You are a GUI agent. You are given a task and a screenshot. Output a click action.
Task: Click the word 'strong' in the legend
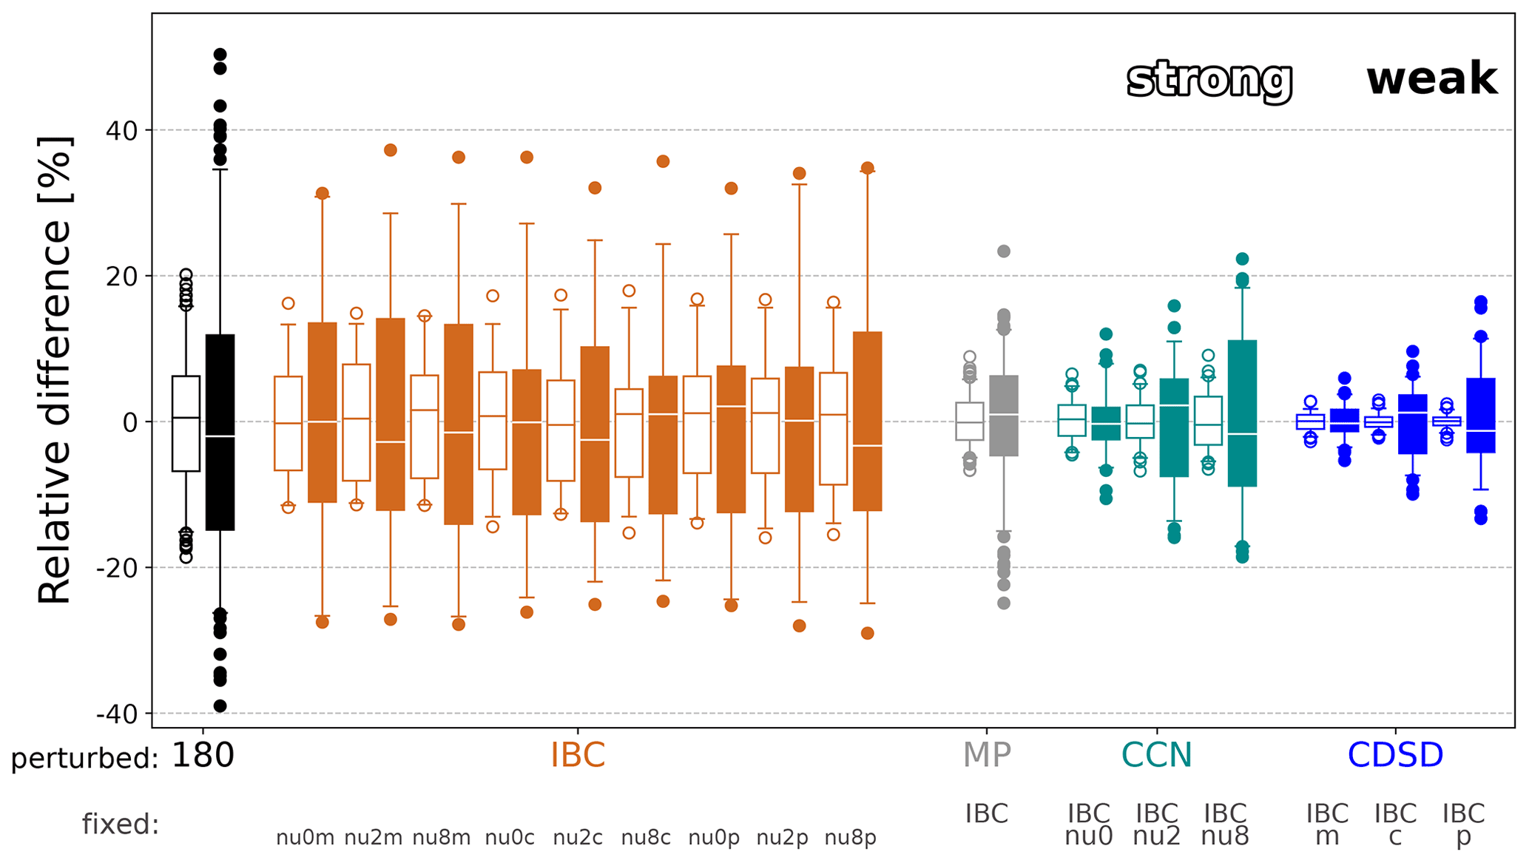pos(1209,80)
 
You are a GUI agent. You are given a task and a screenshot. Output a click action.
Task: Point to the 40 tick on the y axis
pos(121,131)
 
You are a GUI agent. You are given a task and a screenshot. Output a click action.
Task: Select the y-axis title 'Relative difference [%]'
pos(55,370)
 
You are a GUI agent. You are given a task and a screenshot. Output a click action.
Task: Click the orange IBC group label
pos(578,756)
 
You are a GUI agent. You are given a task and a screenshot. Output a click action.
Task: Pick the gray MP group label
pos(986,756)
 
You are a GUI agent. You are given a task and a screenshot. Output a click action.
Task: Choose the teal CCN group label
pos(1156,756)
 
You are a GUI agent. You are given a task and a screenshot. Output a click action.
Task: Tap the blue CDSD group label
pos(1395,756)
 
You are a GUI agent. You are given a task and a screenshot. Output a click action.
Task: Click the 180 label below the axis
pos(203,756)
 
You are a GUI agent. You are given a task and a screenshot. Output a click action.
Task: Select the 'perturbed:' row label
pos(85,759)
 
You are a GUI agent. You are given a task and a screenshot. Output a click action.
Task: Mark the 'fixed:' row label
pos(121,824)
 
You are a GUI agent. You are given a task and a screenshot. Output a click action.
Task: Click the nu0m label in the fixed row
pos(305,838)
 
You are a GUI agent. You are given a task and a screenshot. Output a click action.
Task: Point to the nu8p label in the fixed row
pos(850,838)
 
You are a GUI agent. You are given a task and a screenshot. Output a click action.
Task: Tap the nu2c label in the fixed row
pos(578,838)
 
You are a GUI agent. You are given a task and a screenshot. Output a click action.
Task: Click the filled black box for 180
pos(220,433)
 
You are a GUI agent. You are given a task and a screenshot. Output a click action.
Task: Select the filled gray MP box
pos(1004,416)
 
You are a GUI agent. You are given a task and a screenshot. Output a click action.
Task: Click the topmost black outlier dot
pos(220,55)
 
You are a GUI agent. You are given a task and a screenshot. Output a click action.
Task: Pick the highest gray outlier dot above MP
pos(1004,251)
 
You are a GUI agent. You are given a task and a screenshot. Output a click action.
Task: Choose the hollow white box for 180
pos(186,424)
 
